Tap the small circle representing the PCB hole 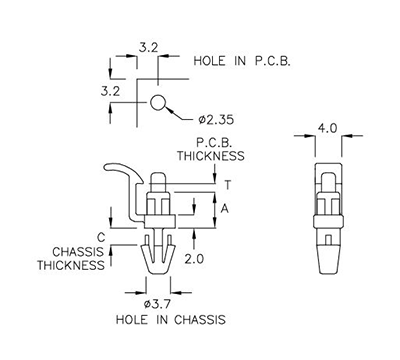[158, 102]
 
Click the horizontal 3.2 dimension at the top [146, 46]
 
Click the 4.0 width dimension [327, 129]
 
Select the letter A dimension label [227, 208]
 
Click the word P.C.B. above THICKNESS [214, 142]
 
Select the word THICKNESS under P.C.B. [211, 156]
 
